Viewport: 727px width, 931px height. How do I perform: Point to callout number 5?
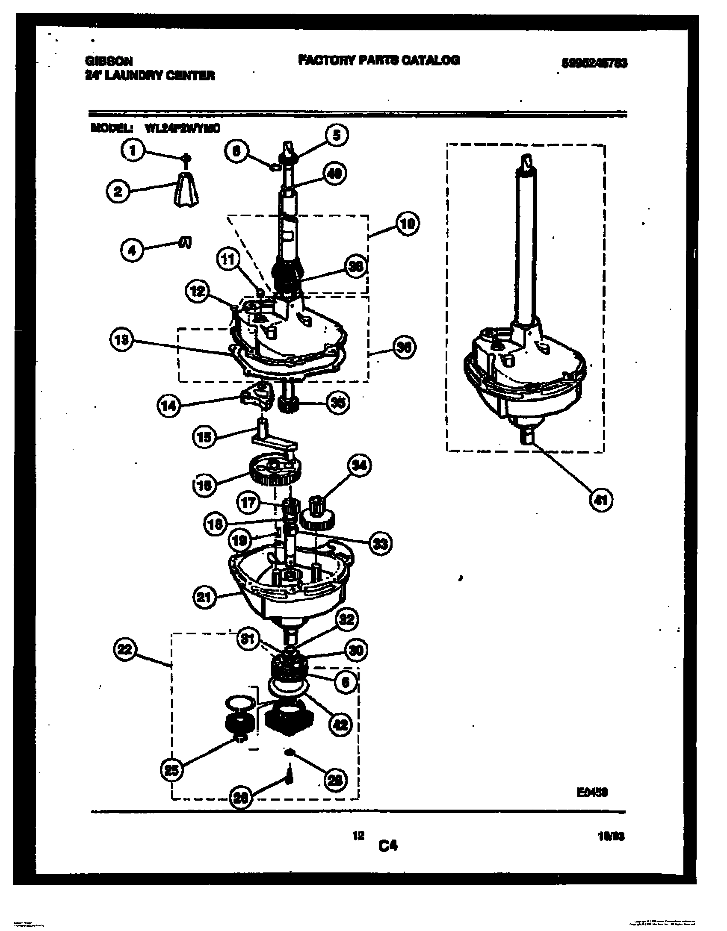pyautogui.click(x=337, y=136)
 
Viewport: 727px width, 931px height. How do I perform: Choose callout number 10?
pyautogui.click(x=408, y=224)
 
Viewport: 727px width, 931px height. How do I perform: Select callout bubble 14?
pyautogui.click(x=169, y=406)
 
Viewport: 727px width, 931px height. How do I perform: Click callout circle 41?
pyautogui.click(x=601, y=500)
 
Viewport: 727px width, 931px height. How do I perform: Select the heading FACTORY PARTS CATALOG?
pyautogui.click(x=378, y=60)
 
